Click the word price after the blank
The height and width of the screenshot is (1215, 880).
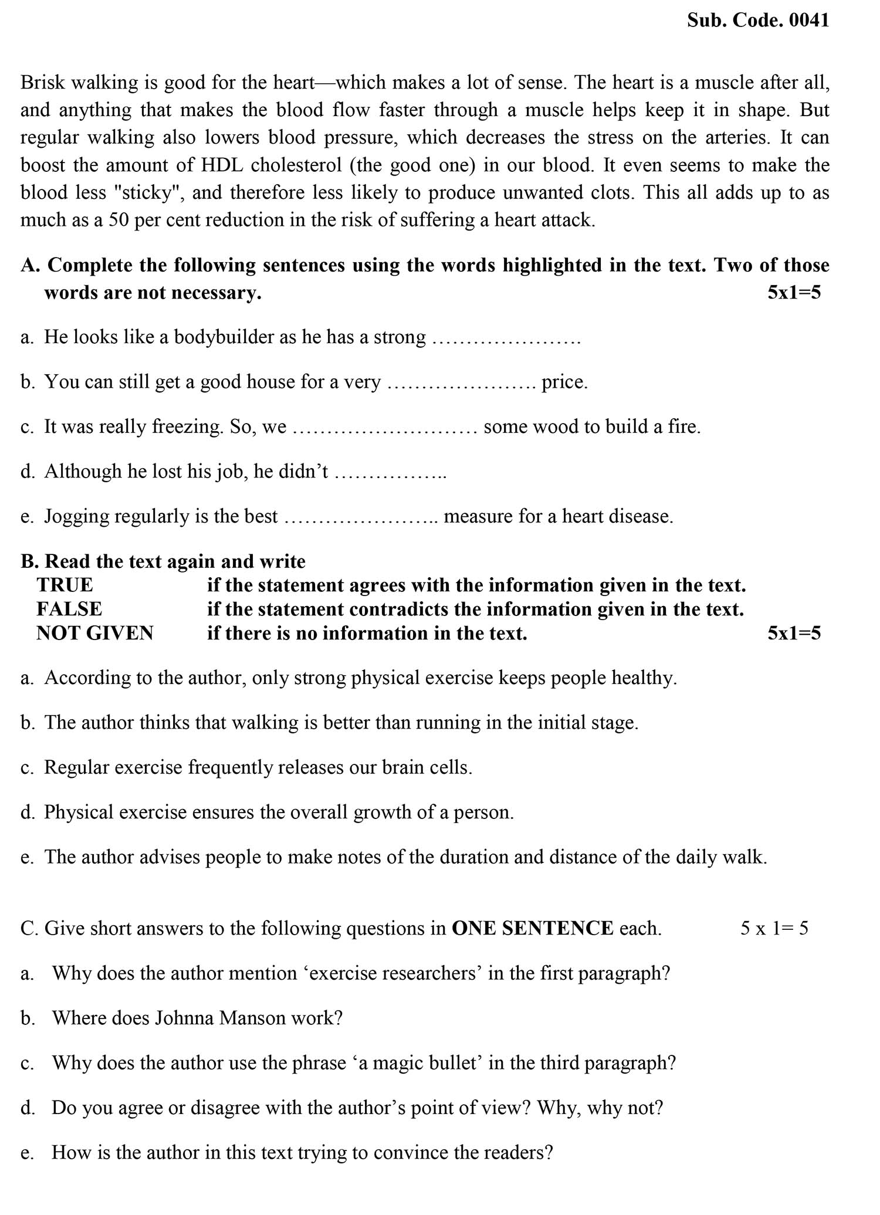(564, 383)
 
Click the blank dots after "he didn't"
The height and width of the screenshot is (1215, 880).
(390, 472)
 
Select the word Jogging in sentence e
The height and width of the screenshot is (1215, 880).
(76, 517)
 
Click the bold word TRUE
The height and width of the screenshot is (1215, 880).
(65, 585)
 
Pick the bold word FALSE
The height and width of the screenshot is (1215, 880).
(69, 610)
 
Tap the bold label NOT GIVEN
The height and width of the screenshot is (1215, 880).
(95, 634)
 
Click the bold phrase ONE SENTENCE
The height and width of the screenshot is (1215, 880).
(533, 929)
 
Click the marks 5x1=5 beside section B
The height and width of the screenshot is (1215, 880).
(794, 634)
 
